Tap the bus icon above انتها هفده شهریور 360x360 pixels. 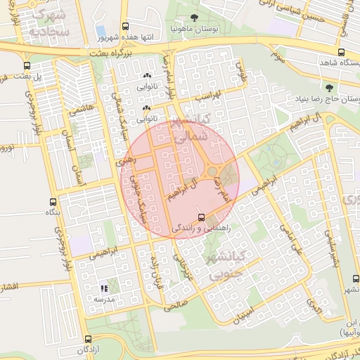point(125,25)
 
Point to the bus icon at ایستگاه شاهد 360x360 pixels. point(341,51)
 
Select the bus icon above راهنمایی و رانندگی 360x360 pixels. point(202,217)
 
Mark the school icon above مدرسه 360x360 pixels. point(104,288)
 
